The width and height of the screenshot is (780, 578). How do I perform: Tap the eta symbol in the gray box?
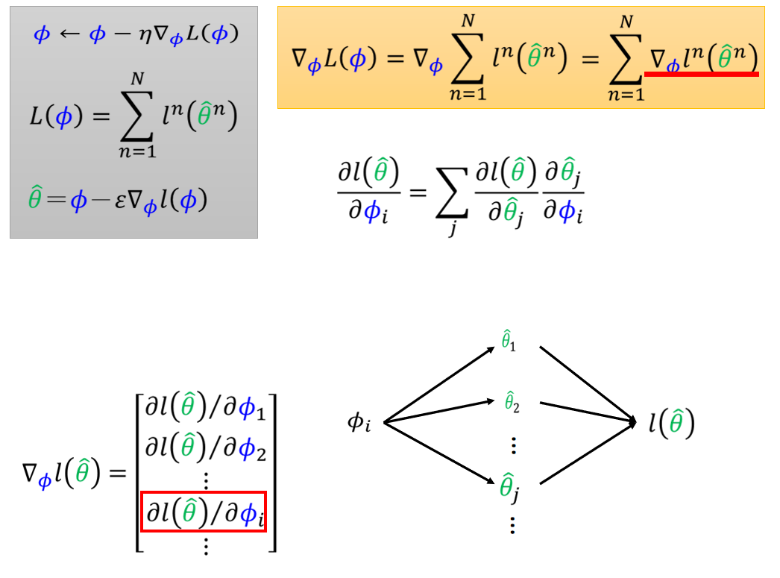(x=138, y=36)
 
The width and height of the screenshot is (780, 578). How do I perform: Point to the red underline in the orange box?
(x=701, y=74)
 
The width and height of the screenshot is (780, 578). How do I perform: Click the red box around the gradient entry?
(x=204, y=512)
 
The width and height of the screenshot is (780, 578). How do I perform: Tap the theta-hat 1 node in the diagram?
(x=509, y=342)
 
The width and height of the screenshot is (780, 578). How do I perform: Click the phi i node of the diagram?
(x=359, y=423)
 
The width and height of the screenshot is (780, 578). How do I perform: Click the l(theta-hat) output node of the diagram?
(x=671, y=424)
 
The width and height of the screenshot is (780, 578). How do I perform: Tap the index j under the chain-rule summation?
(x=452, y=231)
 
